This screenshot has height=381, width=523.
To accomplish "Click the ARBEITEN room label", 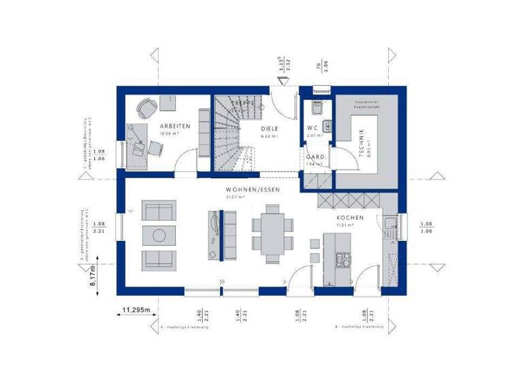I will tap(175, 127).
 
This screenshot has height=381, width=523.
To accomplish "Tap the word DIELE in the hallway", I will tap(271, 127).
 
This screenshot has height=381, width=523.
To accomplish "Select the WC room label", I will tap(313, 128).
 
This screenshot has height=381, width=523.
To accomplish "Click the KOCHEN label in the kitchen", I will tap(349, 218).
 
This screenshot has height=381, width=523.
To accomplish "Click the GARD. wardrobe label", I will tap(315, 156).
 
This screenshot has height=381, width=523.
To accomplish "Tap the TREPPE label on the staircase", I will tap(242, 103).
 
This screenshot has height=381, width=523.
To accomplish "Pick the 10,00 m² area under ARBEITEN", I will tap(168, 134).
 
